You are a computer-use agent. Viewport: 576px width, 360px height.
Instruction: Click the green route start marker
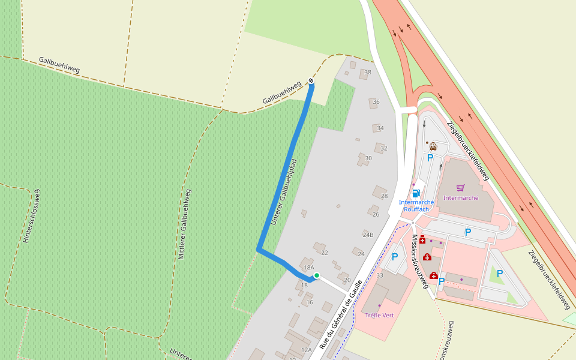click(316, 275)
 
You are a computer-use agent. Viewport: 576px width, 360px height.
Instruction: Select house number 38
click(368, 73)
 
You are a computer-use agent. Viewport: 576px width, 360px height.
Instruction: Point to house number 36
click(376, 101)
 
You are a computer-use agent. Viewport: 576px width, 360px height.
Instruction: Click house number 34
click(380, 128)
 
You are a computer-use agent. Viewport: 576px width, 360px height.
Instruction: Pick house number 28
click(384, 196)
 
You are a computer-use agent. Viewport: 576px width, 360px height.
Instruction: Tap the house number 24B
click(368, 235)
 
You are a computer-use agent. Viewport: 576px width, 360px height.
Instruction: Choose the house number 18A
click(309, 268)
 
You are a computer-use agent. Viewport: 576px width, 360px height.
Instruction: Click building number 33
click(380, 275)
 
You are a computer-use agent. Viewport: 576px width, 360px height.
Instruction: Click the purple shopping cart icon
click(460, 188)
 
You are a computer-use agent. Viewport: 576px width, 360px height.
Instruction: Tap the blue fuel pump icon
click(415, 193)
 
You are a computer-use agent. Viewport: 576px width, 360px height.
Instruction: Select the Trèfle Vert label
click(379, 315)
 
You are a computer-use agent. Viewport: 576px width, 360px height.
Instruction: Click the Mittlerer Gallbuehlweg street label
click(184, 224)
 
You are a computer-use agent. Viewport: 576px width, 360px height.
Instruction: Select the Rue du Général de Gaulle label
click(343, 314)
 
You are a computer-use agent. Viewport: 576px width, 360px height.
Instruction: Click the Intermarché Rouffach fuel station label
click(416, 205)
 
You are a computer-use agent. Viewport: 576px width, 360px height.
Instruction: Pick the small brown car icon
click(433, 146)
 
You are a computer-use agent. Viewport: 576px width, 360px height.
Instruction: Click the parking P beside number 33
click(395, 257)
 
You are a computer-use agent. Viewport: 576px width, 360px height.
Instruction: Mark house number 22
click(325, 253)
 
